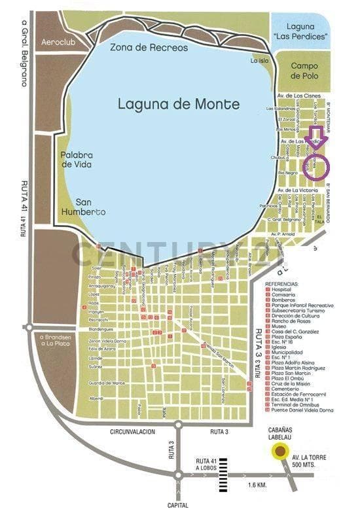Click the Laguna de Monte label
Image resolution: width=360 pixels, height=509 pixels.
tap(179, 103)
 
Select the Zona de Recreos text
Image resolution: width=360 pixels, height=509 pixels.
tap(149, 48)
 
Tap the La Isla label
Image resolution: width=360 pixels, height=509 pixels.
tap(260, 61)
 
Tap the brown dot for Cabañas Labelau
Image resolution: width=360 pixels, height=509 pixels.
tap(280, 451)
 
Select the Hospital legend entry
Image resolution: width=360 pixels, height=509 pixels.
tap(283, 291)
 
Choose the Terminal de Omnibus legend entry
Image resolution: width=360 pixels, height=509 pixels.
tap(300, 404)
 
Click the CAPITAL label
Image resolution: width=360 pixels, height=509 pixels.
tap(177, 504)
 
